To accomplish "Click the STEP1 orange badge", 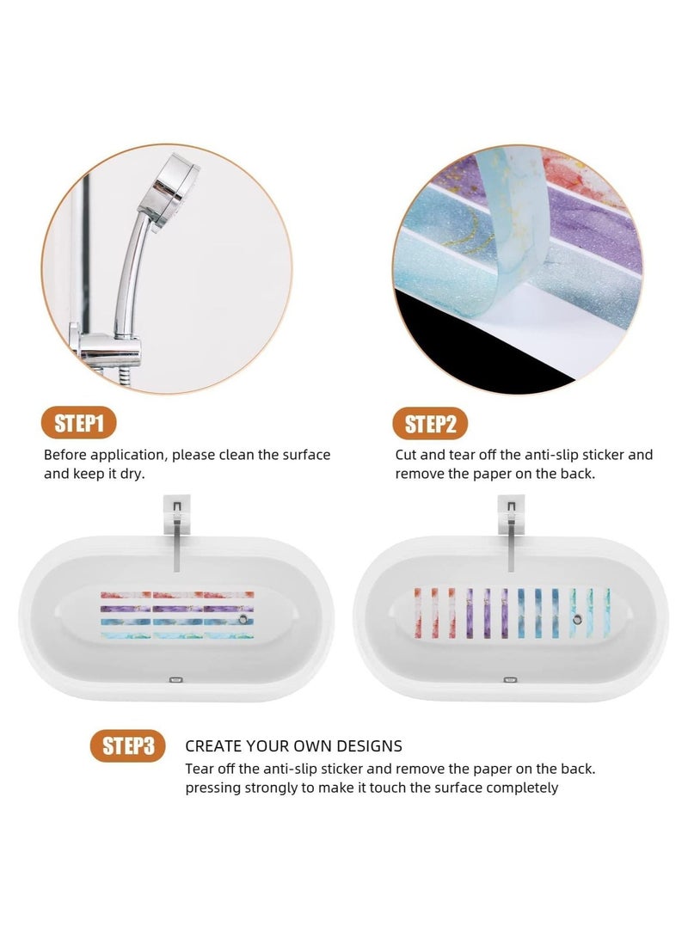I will click(x=79, y=423).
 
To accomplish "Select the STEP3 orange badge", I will click(x=127, y=745).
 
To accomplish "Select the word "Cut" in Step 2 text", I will click(x=407, y=454).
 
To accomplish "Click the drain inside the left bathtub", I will click(x=246, y=619).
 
